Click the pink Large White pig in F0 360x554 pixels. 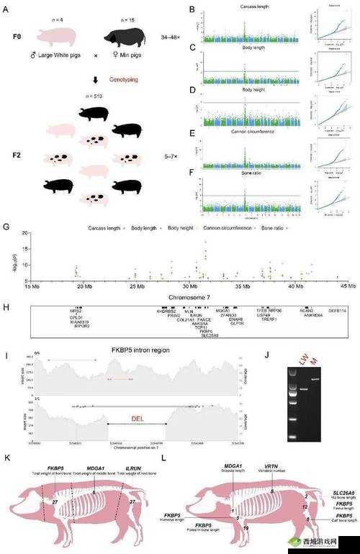tap(55, 35)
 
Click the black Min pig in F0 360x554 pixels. tap(124, 35)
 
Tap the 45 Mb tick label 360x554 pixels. tap(348, 286)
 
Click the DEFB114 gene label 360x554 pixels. tap(338, 311)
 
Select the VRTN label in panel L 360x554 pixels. tap(272, 466)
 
